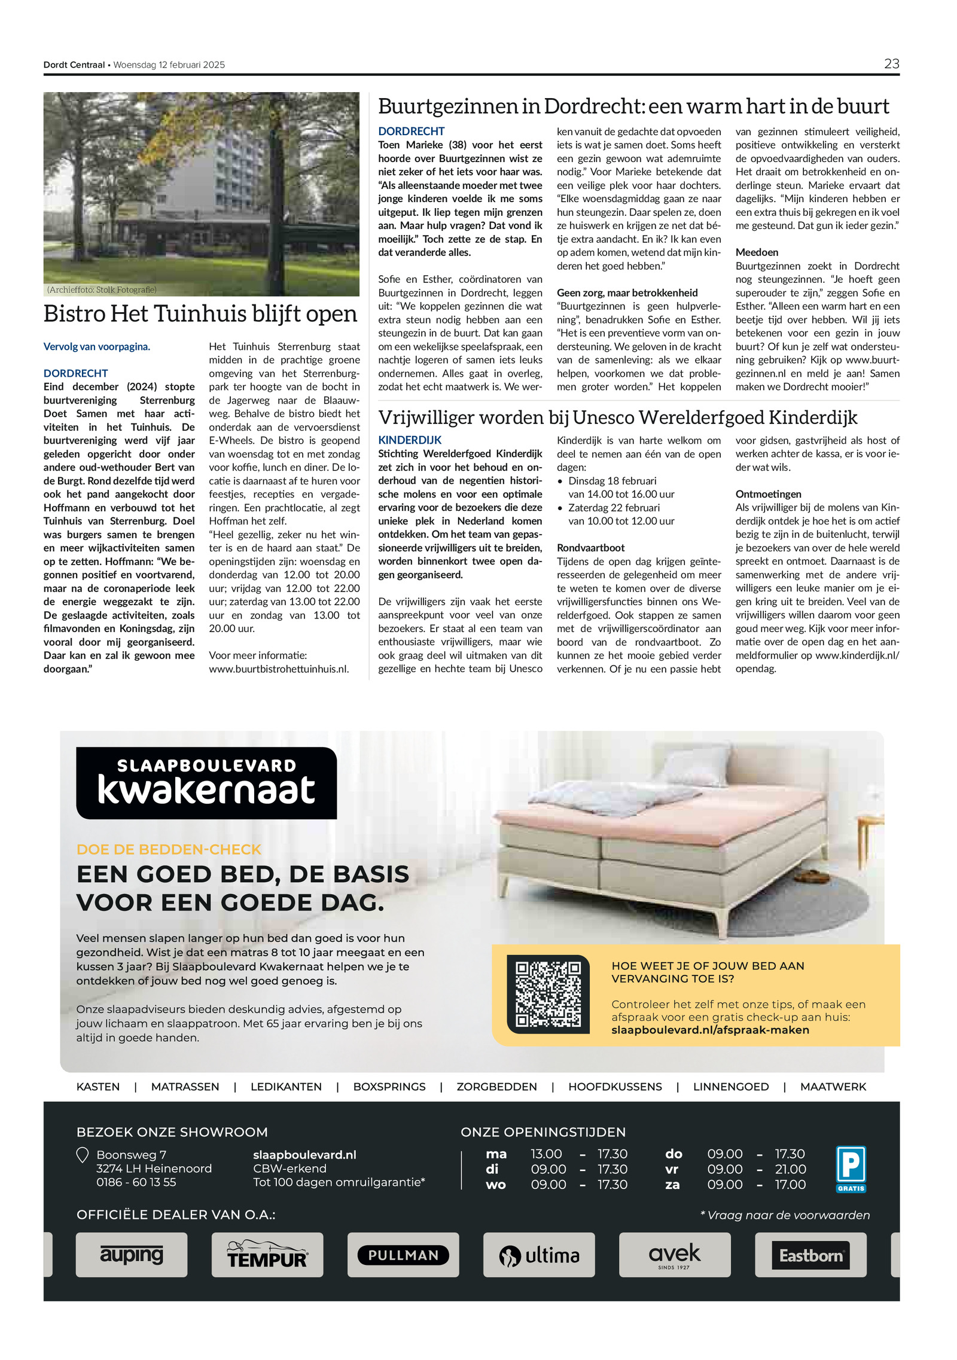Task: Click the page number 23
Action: [891, 64]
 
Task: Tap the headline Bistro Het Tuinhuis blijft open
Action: [200, 314]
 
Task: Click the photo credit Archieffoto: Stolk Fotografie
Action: [102, 289]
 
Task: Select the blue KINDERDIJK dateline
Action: [410, 440]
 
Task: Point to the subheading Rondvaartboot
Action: [590, 548]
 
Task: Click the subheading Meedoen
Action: [757, 252]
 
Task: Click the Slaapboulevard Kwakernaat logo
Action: [206, 783]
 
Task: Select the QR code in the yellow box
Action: [548, 994]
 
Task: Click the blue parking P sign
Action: [851, 1167]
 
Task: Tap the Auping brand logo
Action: [132, 1254]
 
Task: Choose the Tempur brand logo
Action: [267, 1254]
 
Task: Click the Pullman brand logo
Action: [403, 1255]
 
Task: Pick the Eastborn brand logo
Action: [810, 1255]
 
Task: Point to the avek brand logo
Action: [675, 1254]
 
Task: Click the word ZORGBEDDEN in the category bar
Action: [496, 1087]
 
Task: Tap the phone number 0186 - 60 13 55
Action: [136, 1182]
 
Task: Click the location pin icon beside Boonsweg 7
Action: [83, 1155]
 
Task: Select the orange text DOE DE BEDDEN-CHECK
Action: [169, 849]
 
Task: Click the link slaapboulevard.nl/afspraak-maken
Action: [710, 1030]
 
